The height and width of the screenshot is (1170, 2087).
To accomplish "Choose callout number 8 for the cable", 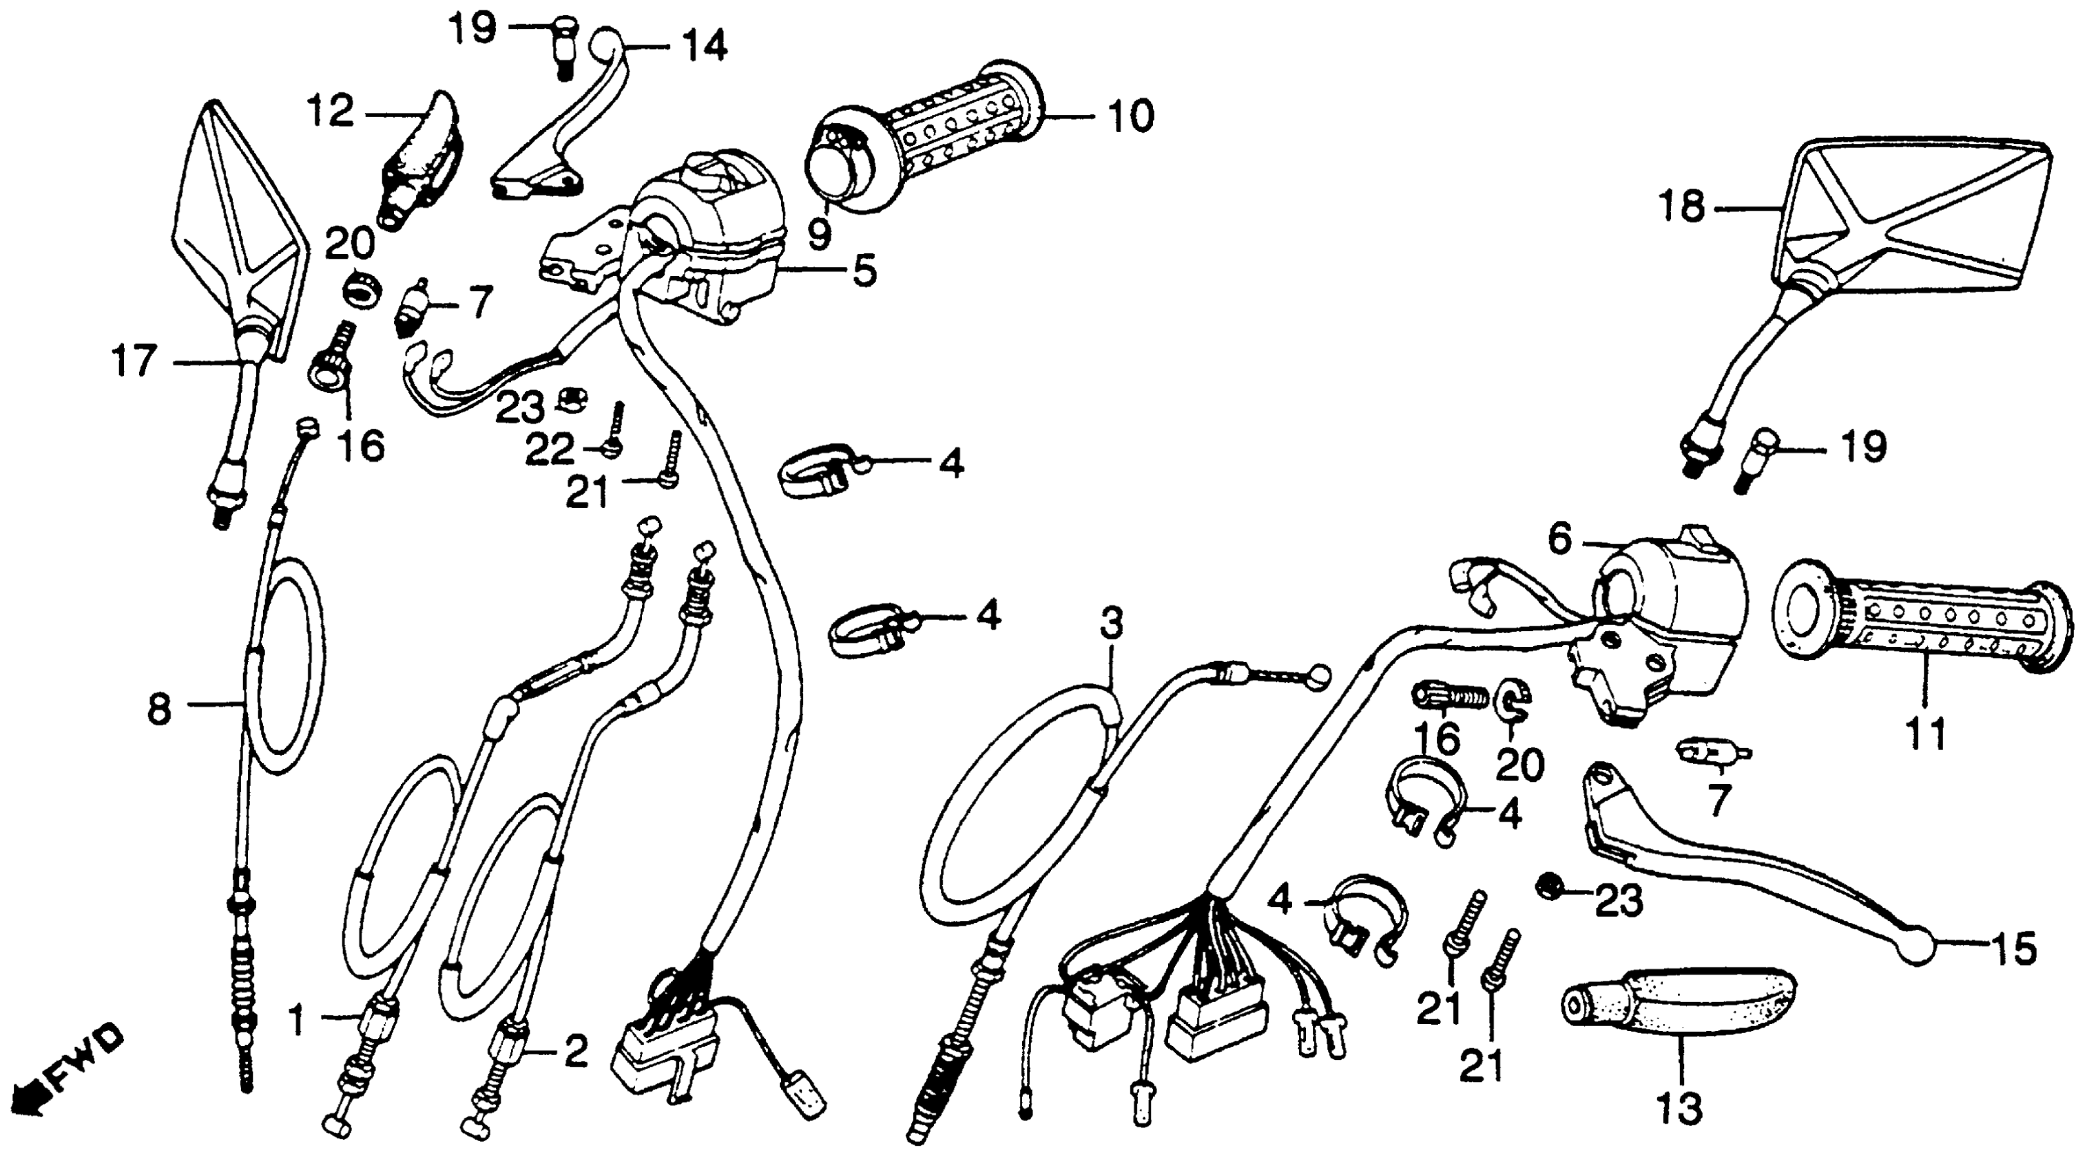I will pos(159,710).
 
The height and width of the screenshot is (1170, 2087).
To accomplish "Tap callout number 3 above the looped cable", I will pos(1112,624).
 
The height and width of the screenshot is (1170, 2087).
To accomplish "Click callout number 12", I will pos(331,111).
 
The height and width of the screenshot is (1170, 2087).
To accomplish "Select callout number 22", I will pos(549,449).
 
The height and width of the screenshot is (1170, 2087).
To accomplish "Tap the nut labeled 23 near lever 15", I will pos(1549,885).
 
